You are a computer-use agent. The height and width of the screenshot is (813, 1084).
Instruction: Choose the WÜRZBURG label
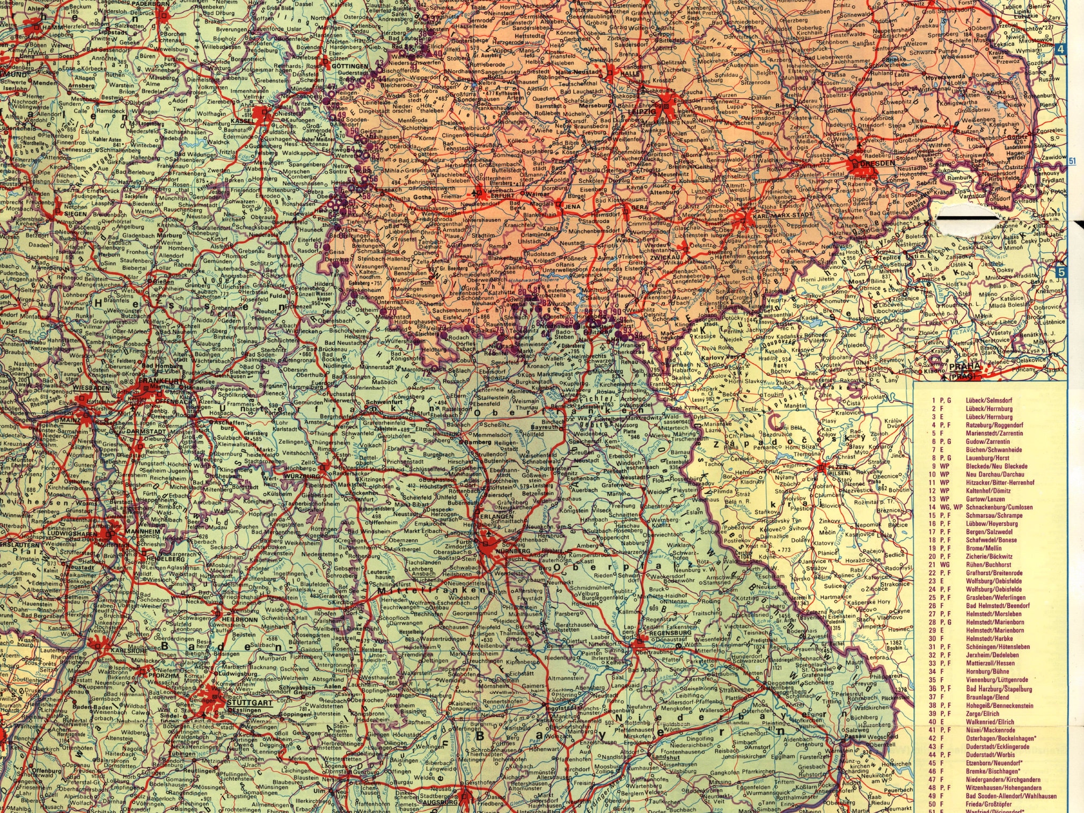[303, 476]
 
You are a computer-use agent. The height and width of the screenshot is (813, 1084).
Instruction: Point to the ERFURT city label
[502, 196]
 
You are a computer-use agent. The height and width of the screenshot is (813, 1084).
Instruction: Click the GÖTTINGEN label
[350, 66]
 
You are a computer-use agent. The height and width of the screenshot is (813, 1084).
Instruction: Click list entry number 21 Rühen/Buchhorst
[988, 565]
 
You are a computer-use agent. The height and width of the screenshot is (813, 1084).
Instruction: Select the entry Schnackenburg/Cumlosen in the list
[999, 507]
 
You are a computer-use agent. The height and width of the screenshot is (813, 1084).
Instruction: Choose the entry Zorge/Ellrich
[982, 713]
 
